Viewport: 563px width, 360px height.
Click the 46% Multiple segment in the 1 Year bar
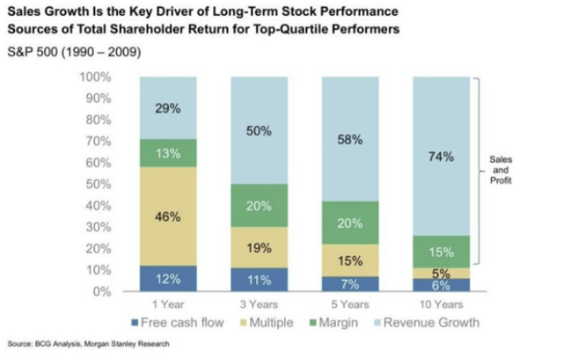167,215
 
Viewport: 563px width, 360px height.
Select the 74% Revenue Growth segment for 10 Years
441,157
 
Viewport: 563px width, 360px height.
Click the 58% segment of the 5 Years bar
349,139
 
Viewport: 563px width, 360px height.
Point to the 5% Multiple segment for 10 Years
441,273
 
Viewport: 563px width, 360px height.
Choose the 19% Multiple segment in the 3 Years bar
258,247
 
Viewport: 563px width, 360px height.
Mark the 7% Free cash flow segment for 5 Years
349,283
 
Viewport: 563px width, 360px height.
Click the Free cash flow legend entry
178,322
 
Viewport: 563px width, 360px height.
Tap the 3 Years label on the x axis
258,305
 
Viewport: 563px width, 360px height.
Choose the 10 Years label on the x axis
441,305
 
